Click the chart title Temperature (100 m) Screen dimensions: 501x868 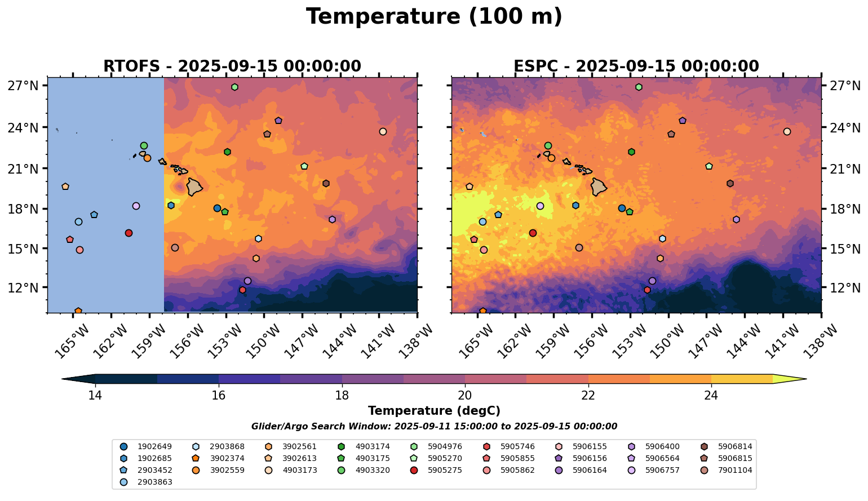pyautogui.click(x=434, y=17)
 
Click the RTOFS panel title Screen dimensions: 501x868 pyautogui.click(x=232, y=66)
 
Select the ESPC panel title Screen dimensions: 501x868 pyautogui.click(x=636, y=66)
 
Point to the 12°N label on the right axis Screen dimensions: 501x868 pyautogui.click(x=845, y=288)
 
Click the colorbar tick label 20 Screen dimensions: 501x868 pyautogui.click(x=465, y=395)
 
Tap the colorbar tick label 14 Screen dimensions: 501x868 pyautogui.click(x=95, y=395)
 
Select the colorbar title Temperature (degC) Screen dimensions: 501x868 pyautogui.click(x=434, y=411)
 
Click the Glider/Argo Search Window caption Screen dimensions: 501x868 pyautogui.click(x=434, y=427)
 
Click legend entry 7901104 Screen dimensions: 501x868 pyautogui.click(x=735, y=471)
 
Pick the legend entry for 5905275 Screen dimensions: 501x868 pyautogui.click(x=445, y=471)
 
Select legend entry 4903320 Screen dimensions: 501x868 pyautogui.click(x=372, y=471)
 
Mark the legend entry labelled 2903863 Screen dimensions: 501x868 pyautogui.click(x=154, y=482)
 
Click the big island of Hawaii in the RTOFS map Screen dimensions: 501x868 pyautogui.click(x=194, y=187)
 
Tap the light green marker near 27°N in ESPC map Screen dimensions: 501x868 pyautogui.click(x=639, y=87)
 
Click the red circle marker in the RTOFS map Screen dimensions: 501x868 pyautogui.click(x=129, y=233)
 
